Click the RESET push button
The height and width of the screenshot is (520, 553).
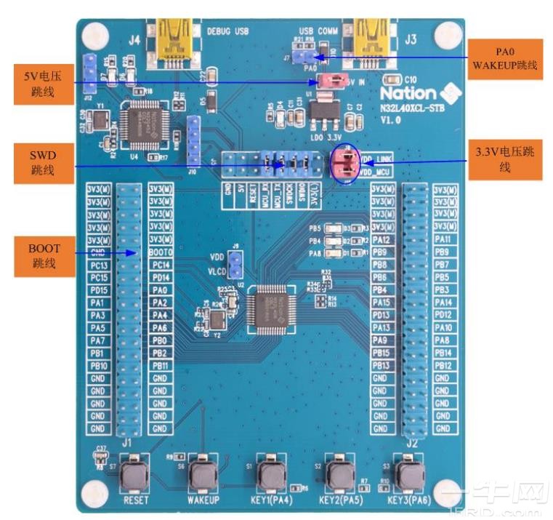click(136, 475)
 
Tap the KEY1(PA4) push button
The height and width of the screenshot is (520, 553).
click(272, 475)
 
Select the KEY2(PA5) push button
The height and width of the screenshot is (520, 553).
click(339, 475)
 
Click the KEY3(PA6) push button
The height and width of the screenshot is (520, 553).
click(409, 475)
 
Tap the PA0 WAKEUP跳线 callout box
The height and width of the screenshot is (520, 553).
click(506, 59)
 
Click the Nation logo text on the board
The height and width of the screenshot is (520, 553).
click(408, 93)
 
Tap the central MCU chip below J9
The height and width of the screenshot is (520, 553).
click(270, 309)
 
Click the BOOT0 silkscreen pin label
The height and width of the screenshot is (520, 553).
click(161, 252)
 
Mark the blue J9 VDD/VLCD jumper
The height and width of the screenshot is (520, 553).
click(235, 265)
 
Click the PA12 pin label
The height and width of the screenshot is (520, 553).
click(382, 239)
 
